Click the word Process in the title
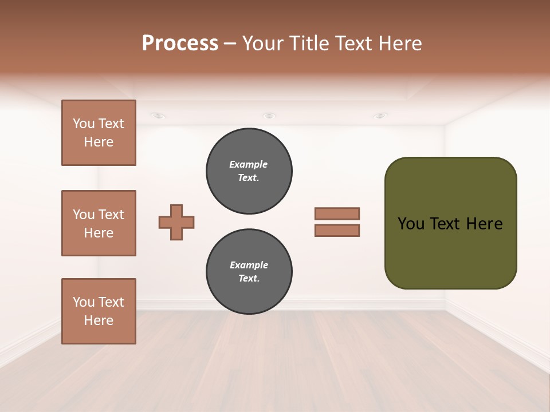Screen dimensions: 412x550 click(x=180, y=43)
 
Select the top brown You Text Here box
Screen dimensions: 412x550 click(x=99, y=133)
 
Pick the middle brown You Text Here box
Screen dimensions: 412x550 click(x=99, y=223)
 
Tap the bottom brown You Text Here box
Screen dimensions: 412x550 click(x=99, y=311)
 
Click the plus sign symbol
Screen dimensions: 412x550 click(x=176, y=222)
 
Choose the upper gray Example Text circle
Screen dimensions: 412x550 click(x=249, y=171)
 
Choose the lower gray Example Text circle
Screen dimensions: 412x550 click(x=249, y=272)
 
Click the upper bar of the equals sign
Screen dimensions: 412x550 click(x=337, y=213)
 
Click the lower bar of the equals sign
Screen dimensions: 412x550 click(x=337, y=231)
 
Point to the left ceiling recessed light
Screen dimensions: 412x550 click(x=158, y=116)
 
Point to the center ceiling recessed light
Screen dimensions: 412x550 click(x=269, y=116)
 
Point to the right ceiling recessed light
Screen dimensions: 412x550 click(x=380, y=116)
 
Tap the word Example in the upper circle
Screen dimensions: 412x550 click(x=249, y=164)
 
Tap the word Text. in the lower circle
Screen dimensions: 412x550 click(x=249, y=279)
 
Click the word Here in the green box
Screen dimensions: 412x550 click(x=484, y=224)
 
